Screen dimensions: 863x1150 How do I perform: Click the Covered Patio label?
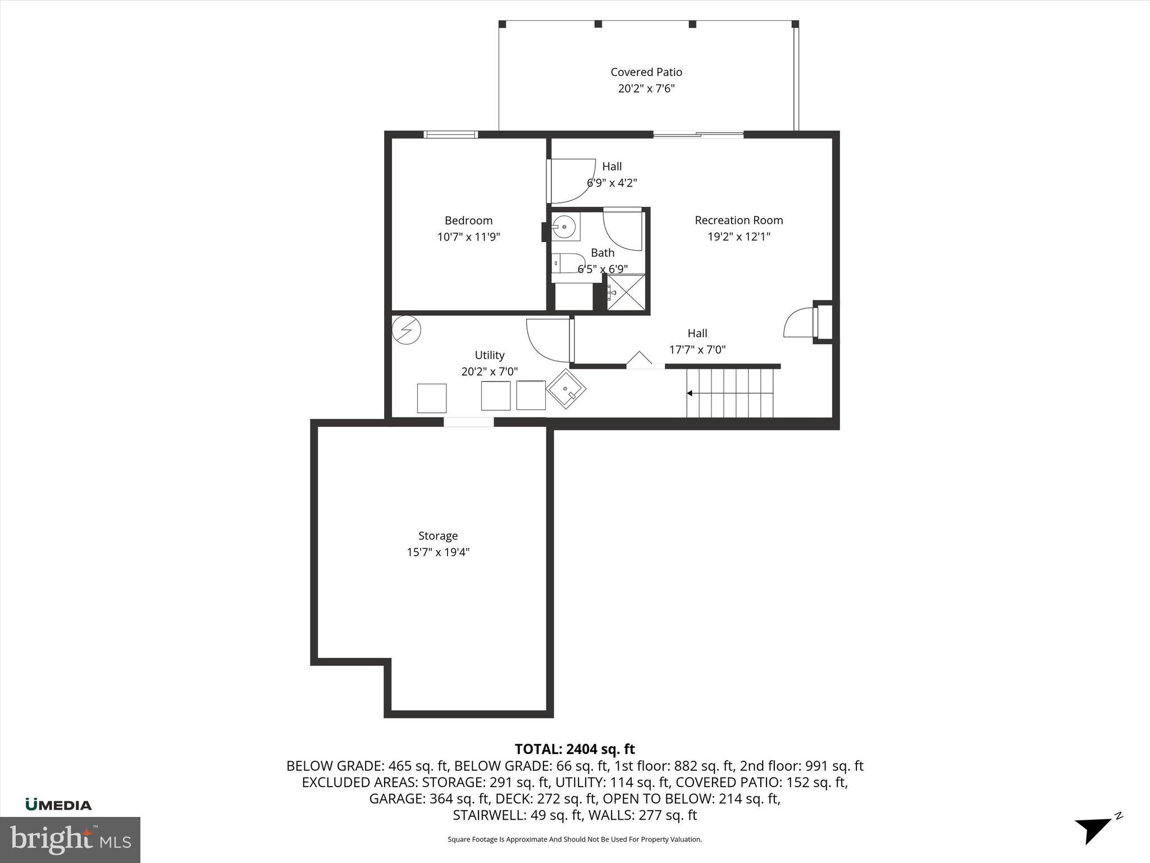click(646, 72)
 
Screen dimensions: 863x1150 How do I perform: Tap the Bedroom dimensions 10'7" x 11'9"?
click(468, 237)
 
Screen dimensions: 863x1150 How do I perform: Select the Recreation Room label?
click(738, 220)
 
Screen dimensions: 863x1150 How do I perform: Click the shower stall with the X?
click(626, 292)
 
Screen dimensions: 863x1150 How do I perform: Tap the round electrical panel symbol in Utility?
click(406, 330)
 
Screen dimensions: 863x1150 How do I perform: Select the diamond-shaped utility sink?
click(566, 388)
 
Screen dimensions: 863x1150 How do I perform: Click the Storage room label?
click(437, 535)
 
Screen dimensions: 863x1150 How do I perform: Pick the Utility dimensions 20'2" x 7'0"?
click(489, 371)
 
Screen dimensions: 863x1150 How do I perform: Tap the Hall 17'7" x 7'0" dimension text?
click(697, 349)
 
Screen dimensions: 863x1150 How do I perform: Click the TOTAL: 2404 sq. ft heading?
click(574, 749)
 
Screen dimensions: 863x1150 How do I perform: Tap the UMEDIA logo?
click(58, 805)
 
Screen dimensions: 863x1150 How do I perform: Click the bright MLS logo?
click(70, 839)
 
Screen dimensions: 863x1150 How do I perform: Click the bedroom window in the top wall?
click(450, 134)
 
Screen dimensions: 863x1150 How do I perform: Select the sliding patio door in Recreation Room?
click(698, 134)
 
